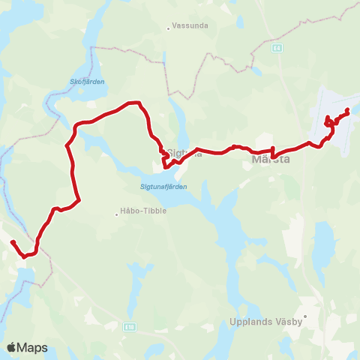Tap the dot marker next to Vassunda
169,29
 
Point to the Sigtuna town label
184,153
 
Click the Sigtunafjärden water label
163,186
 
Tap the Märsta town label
271,160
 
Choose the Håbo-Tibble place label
145,211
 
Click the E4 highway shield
277,47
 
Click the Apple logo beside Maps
12,347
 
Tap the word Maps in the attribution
34,347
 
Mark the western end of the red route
13,241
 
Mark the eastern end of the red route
348,111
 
